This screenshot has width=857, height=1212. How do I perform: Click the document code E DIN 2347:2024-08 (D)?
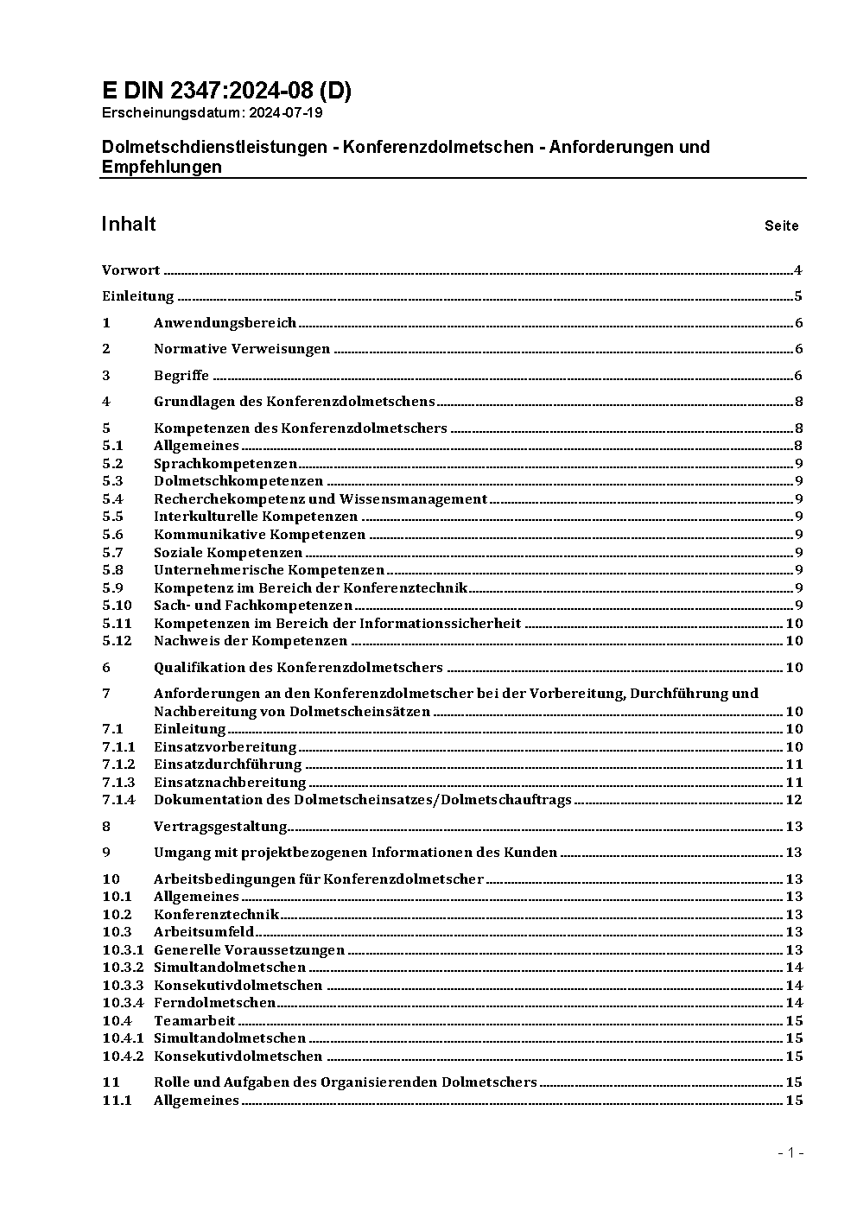point(226,91)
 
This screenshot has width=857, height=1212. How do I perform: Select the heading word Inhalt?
point(129,225)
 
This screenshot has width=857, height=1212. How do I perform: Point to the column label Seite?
point(781,226)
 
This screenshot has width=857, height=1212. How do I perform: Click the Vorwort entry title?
point(130,270)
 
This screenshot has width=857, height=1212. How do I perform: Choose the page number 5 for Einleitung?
point(798,296)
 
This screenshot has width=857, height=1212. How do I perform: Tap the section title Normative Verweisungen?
point(242,349)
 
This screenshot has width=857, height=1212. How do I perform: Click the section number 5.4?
point(112,499)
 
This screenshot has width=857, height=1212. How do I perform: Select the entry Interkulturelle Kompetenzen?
point(256,517)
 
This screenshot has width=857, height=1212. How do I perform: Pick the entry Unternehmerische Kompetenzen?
point(269,570)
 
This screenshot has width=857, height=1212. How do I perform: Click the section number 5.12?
point(117,641)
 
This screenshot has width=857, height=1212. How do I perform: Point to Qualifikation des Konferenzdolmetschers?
point(298,667)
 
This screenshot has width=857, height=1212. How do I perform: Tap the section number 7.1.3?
point(118,783)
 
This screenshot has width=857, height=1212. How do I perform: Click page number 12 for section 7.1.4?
point(794,800)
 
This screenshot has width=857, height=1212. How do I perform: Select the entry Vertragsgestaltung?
point(220,827)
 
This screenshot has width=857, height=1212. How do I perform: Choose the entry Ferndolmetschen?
point(214,1003)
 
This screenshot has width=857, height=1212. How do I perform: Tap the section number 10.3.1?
point(122,950)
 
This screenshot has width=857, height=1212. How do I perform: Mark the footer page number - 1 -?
point(790,1152)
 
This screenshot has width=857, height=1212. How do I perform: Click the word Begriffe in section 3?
point(181,376)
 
